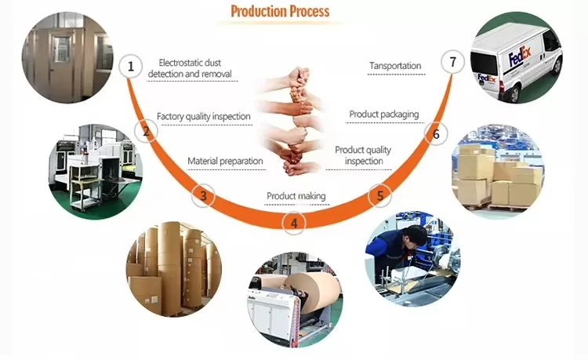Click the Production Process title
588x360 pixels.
coord(280,11)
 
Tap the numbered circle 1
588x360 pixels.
coord(131,67)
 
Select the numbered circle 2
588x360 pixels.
coord(145,132)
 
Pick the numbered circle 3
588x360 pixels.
coord(204,195)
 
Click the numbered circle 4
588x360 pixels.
coord(294,224)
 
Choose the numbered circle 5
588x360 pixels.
coord(381,195)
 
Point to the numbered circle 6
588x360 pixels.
coord(437,134)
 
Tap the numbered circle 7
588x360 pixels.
coord(452,62)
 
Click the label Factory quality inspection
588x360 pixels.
coord(204,117)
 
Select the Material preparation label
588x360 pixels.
coord(225,162)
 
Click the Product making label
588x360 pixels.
coord(296,196)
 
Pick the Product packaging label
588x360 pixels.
coord(383,115)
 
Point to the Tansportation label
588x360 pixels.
coord(395,66)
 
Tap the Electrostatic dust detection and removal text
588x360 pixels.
coord(195,67)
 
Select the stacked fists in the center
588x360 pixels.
coord(292,122)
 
